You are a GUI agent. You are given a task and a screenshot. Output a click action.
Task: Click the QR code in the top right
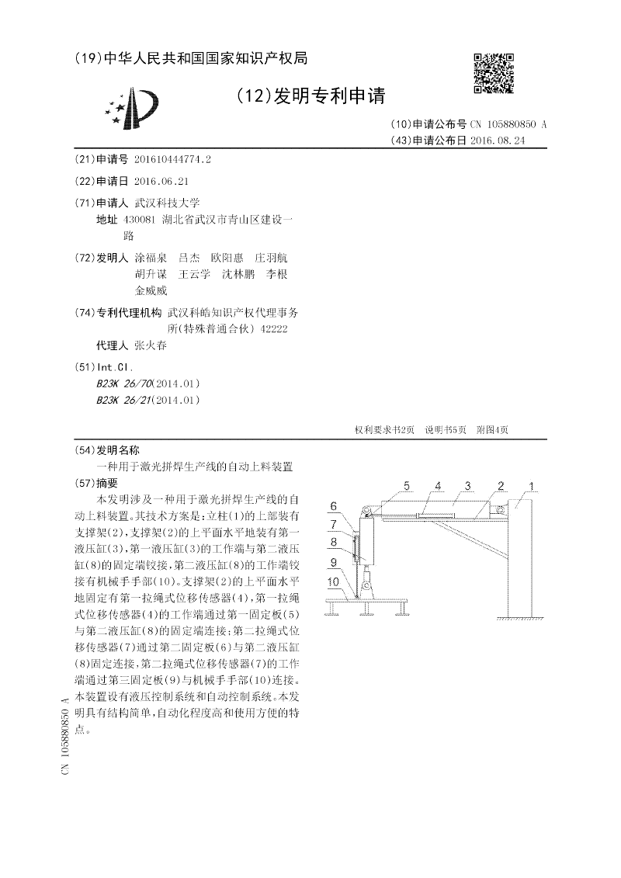coord(494,73)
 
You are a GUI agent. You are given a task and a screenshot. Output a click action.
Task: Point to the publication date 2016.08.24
coord(503,141)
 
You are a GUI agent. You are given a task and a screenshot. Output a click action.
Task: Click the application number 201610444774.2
coord(172,159)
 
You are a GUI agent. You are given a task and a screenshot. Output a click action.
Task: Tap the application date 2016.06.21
coord(161,180)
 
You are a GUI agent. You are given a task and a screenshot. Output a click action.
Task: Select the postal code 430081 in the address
coord(139,220)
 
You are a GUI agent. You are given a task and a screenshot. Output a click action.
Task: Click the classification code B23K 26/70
coord(124,383)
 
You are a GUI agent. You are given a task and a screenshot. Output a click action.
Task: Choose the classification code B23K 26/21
coord(124,400)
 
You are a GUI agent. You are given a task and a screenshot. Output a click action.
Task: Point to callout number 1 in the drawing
coord(532,487)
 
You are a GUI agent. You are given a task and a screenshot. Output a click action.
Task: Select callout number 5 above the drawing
coord(405,486)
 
